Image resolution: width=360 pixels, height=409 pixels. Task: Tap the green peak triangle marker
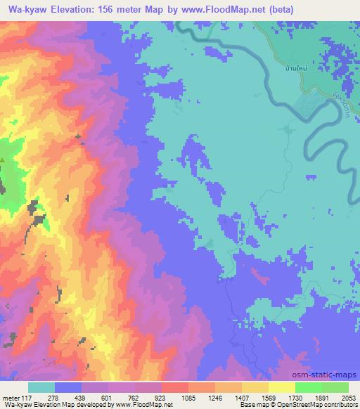tap(2, 160)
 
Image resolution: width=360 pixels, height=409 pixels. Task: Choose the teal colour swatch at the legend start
tap(41, 387)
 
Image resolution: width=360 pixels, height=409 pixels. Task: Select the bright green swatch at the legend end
tap(335, 387)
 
